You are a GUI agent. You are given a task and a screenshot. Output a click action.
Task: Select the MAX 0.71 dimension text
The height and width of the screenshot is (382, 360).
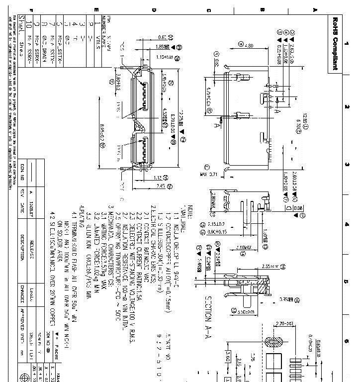click(210, 175)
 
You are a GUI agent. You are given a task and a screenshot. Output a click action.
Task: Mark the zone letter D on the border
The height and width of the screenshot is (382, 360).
click(154, 9)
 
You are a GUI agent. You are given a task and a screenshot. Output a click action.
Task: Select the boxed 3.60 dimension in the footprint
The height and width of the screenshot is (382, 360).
click(227, 357)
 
